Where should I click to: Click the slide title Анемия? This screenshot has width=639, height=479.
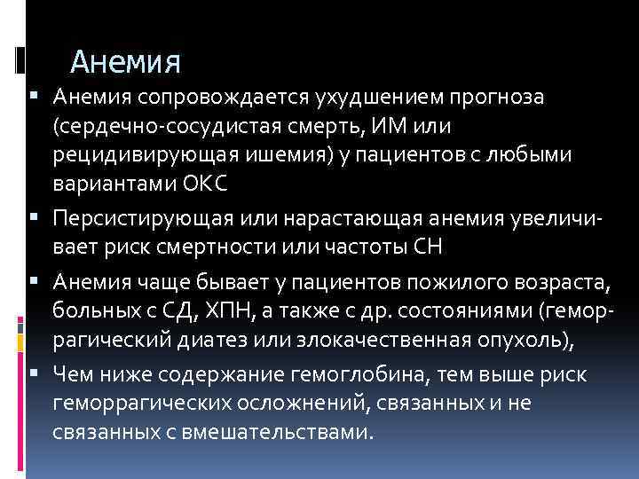pos(125,61)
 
